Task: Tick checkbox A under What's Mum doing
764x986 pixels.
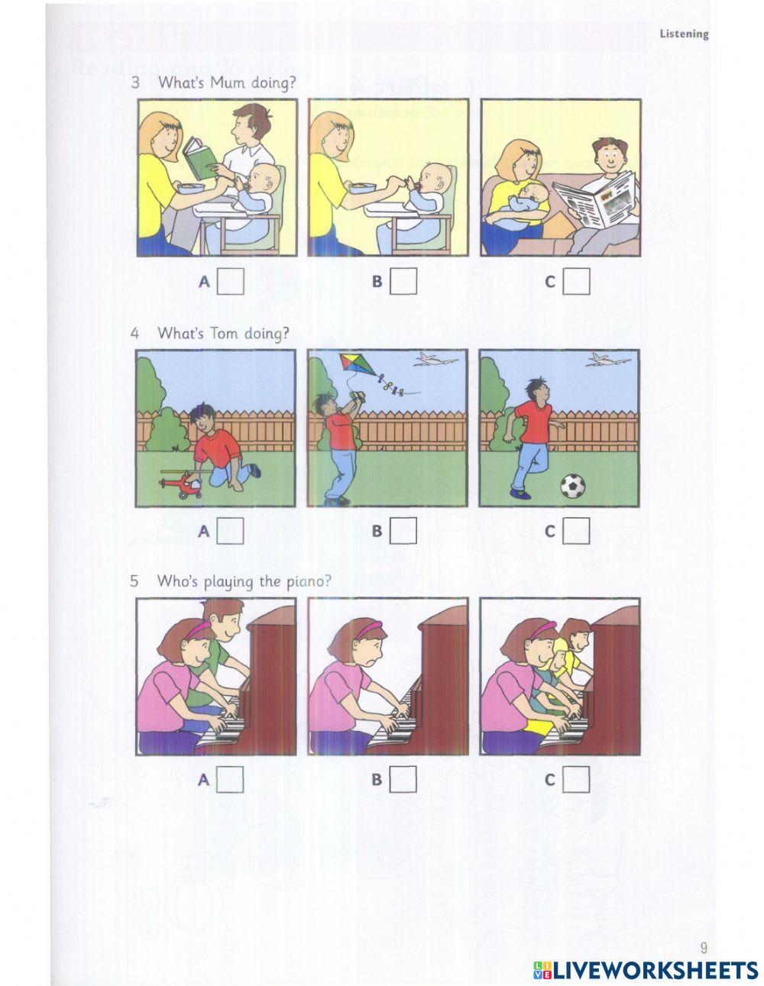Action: pyautogui.click(x=230, y=281)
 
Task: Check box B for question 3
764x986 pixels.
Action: pyautogui.click(x=403, y=281)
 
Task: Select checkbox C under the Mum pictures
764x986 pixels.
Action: pyautogui.click(x=577, y=281)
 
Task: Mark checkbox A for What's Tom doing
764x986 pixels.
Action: pyautogui.click(x=230, y=531)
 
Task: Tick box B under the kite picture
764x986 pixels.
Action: pyautogui.click(x=403, y=531)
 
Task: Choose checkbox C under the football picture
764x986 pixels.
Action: pyautogui.click(x=577, y=531)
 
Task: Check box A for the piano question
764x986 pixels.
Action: pyautogui.click(x=230, y=780)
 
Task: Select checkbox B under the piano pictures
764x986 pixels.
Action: pyautogui.click(x=403, y=780)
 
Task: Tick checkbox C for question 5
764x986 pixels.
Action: pyautogui.click(x=577, y=780)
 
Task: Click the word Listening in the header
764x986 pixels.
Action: pyautogui.click(x=684, y=34)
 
